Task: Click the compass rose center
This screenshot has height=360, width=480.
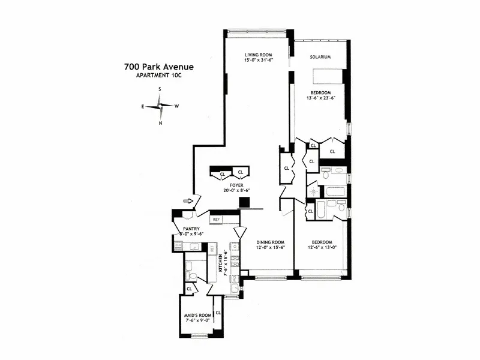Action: (160, 106)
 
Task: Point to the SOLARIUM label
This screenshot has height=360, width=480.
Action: (320, 58)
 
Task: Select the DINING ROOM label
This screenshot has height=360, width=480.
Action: (267, 241)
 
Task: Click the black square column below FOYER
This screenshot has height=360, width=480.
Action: (244, 203)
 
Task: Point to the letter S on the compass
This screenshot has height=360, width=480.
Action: (160, 89)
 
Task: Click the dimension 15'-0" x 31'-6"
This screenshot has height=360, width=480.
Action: (259, 61)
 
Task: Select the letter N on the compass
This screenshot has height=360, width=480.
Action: (160, 123)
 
